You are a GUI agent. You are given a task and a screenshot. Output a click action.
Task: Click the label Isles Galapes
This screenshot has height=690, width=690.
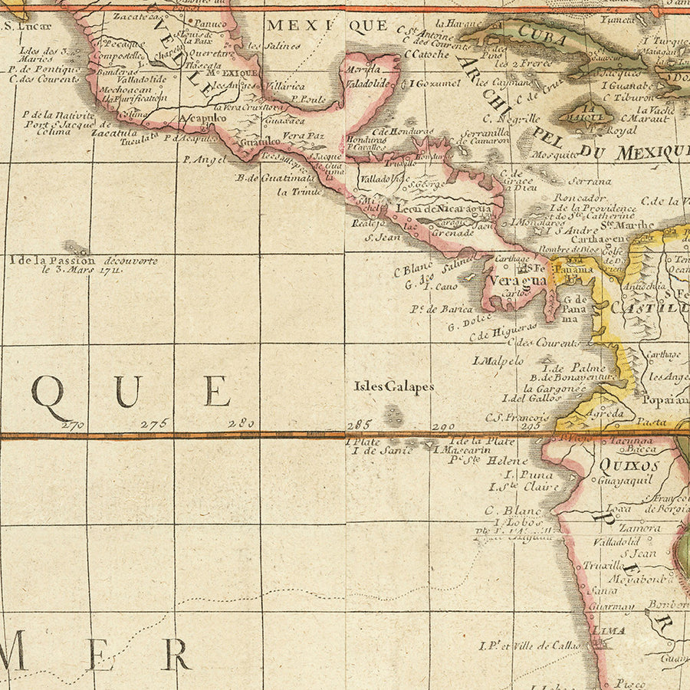(393, 387)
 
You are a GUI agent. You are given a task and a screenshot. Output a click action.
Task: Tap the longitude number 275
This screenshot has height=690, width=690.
(153, 424)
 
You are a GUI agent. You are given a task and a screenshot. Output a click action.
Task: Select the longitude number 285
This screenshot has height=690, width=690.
(359, 424)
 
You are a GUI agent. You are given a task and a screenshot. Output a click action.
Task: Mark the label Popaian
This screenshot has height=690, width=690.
(664, 399)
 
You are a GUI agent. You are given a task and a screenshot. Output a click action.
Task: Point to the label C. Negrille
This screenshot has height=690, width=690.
(511, 118)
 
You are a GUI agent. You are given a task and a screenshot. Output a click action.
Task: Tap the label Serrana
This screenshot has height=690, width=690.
(590, 182)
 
